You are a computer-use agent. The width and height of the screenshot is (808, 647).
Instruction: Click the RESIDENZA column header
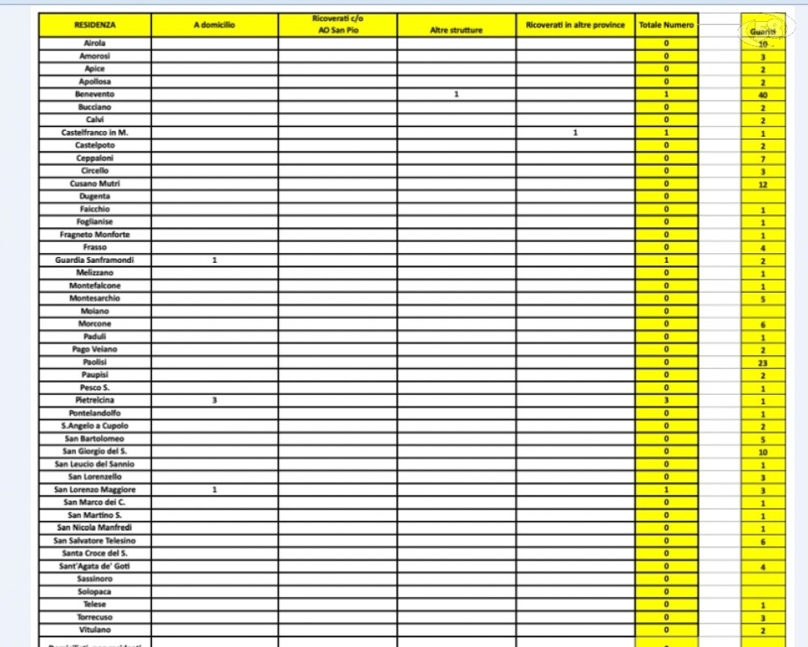point(95,26)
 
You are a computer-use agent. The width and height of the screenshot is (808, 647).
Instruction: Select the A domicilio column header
point(214,26)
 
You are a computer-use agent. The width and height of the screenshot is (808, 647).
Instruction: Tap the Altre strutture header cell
point(457,30)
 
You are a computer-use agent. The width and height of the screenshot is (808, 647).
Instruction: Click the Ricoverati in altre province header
point(575,25)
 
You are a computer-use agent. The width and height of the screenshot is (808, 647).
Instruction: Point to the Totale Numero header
point(666,26)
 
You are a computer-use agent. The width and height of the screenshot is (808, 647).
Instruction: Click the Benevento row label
point(95,95)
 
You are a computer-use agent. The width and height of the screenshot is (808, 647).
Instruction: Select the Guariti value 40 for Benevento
point(763,95)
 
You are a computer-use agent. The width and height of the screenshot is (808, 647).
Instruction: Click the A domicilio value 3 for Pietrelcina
point(214,400)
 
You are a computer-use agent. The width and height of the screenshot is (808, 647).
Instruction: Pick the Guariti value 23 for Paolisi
point(763,363)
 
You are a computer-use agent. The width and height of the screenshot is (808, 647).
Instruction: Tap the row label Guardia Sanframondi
point(95,260)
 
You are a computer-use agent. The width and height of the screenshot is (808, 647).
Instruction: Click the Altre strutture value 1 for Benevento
point(457,95)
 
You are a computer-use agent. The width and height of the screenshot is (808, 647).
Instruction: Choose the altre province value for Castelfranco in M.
point(575,133)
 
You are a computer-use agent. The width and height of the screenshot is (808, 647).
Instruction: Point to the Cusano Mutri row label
point(95,184)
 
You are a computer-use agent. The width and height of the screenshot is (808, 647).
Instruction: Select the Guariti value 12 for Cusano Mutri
point(763,184)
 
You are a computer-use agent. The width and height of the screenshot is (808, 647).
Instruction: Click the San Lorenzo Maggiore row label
point(95,489)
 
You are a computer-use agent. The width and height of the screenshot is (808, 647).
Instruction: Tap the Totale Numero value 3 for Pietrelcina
point(666,400)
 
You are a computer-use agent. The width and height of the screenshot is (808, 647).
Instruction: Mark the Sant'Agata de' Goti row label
point(95,566)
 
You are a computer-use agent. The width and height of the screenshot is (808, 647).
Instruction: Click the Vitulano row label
point(95,629)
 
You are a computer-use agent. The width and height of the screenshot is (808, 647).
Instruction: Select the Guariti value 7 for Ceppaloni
point(763,159)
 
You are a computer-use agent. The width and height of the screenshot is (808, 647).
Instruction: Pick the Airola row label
point(95,43)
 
